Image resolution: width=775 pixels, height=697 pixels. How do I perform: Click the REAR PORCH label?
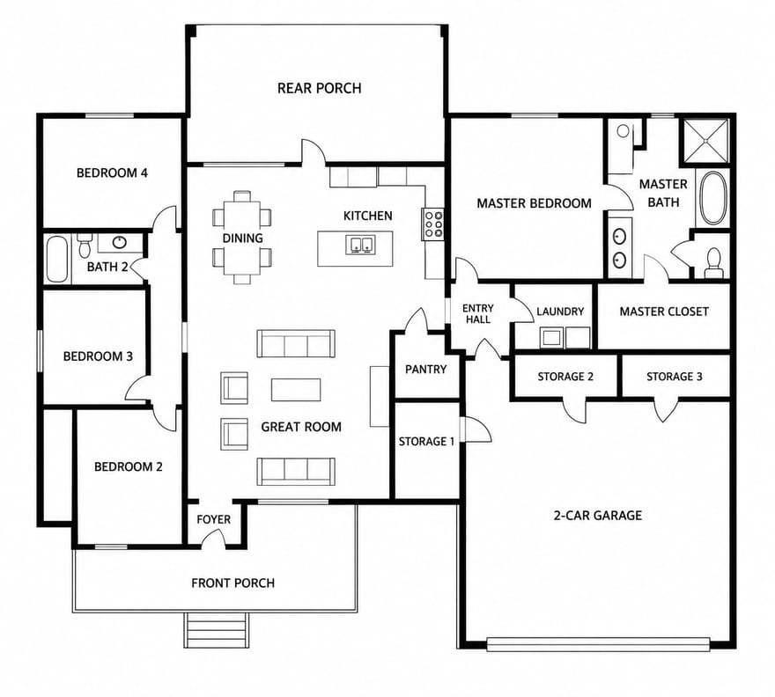(320, 88)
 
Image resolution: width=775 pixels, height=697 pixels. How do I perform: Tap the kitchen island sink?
(360, 245)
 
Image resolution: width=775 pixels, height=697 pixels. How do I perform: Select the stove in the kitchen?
(432, 224)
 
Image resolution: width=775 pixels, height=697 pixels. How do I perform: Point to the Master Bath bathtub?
(712, 197)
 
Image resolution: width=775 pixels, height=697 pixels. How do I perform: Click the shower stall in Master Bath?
(705, 140)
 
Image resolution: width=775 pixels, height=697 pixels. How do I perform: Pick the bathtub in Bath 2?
(57, 259)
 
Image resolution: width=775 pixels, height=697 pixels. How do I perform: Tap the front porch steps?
(216, 630)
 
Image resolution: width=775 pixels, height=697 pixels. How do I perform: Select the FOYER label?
(213, 519)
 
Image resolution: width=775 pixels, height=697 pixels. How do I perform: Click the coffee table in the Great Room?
(296, 389)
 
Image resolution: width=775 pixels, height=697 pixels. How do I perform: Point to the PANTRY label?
(425, 369)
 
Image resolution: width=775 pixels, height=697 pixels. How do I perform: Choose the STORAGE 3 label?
(675, 377)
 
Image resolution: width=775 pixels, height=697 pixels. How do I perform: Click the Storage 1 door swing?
(476, 429)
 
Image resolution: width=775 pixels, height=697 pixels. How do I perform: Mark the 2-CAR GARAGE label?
(598, 516)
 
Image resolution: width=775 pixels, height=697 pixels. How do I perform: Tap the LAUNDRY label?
(560, 312)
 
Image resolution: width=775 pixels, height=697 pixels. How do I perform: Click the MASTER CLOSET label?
(664, 312)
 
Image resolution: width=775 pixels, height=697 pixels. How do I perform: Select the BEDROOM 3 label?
(98, 356)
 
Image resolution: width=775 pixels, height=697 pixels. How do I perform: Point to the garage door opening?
(598, 643)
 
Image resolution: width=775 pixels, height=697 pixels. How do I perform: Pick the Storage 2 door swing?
(573, 409)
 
